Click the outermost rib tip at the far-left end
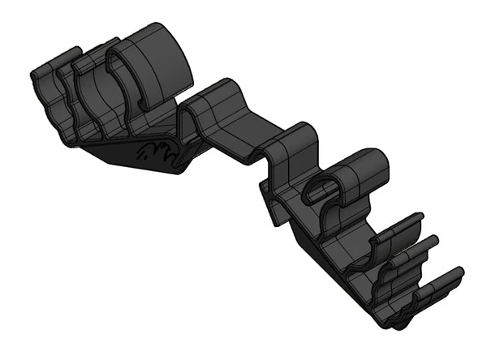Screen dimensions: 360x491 click(x=37, y=75)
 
